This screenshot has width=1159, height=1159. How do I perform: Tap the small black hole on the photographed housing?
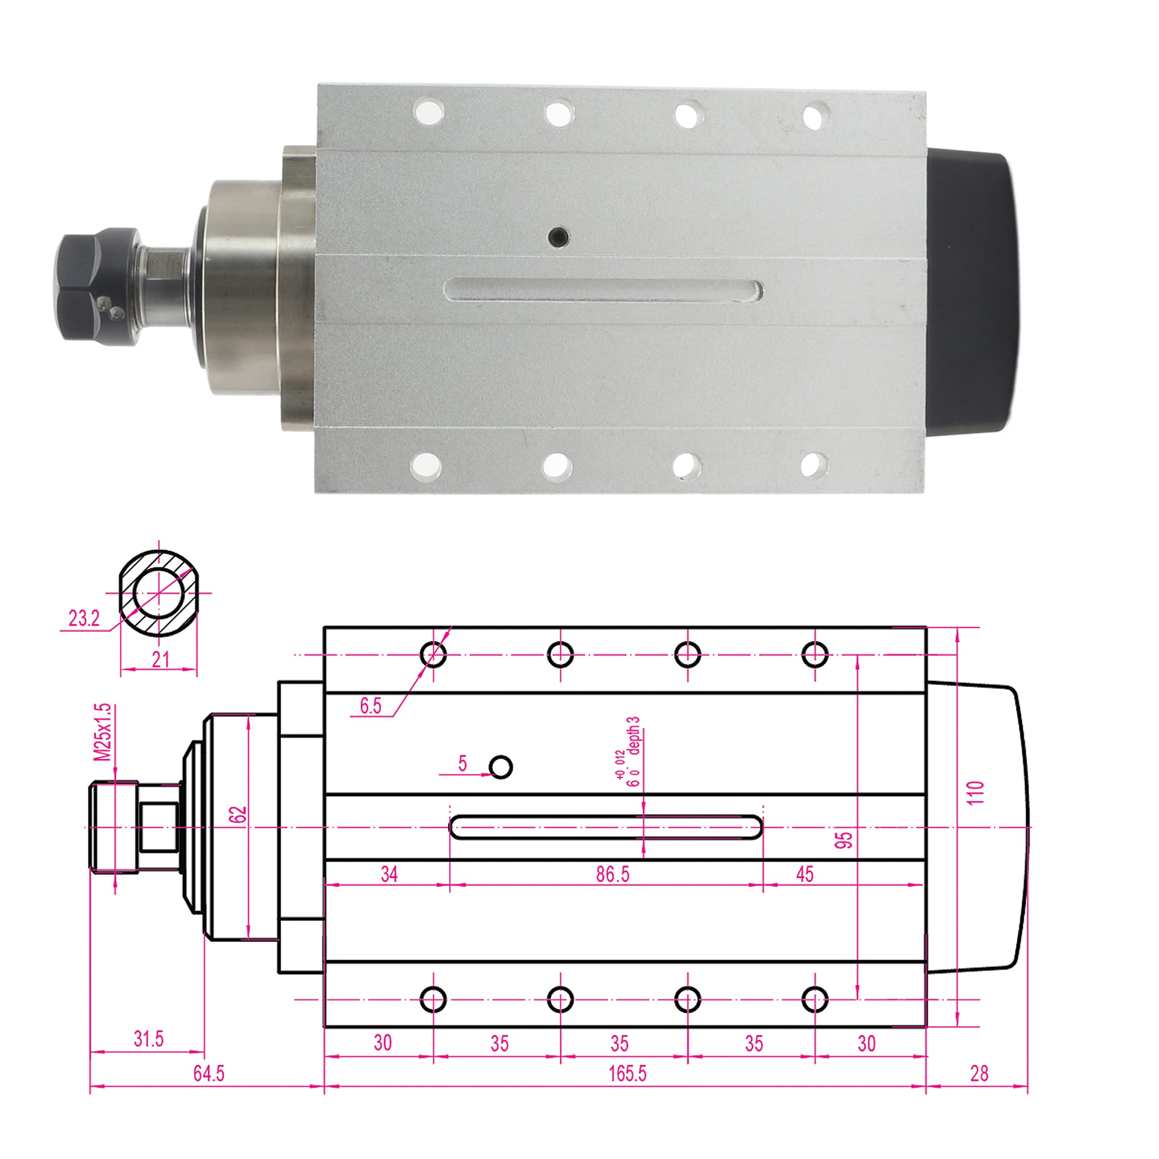coord(559,236)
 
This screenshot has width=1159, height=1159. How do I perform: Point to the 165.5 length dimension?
coord(627,1073)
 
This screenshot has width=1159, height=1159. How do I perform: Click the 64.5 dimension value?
coord(208,1073)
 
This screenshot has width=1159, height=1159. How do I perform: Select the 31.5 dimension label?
coord(148,1039)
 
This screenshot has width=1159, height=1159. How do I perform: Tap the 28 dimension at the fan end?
coord(978,1073)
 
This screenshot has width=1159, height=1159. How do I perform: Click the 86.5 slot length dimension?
coord(613,874)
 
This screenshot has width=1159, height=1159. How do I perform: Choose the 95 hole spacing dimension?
coord(843,840)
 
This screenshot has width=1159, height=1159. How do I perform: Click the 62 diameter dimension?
coord(238,814)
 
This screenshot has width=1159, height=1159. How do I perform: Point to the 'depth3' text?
coord(633,736)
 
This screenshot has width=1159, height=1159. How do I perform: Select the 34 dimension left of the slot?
coord(389,874)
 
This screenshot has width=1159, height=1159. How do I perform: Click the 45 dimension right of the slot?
coord(805,874)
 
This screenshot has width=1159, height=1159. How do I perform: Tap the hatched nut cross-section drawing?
coord(159,593)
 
